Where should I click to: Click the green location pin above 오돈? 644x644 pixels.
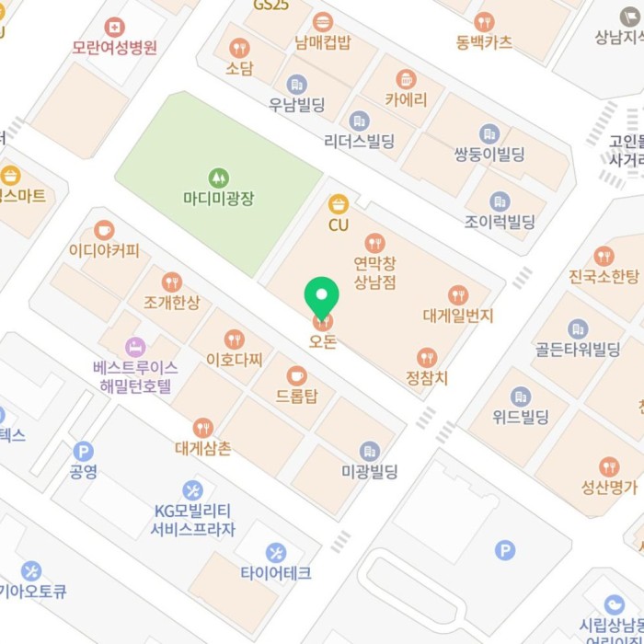[322, 294]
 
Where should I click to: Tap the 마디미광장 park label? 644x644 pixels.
[219, 196]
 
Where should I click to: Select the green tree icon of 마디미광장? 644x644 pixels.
[219, 176]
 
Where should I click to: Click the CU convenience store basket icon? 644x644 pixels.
[339, 203]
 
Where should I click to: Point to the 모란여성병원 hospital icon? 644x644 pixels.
[115, 28]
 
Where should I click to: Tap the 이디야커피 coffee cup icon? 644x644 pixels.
[104, 230]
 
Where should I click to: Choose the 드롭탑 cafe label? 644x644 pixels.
[296, 397]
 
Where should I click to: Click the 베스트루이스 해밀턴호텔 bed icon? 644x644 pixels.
[134, 347]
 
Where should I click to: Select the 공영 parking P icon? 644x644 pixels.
[84, 451]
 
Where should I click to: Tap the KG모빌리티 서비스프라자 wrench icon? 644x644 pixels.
[192, 490]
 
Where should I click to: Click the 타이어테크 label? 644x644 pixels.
[276, 573]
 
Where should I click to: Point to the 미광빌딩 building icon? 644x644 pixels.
[370, 451]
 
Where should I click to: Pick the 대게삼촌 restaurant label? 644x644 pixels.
[203, 448]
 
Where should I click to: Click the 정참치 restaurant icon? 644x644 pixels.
[426, 357]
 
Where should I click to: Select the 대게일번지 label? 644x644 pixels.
[458, 316]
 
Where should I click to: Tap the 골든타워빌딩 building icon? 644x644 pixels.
[578, 328]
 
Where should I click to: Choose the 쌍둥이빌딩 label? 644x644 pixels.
[489, 155]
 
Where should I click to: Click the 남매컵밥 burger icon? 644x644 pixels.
[323, 22]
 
